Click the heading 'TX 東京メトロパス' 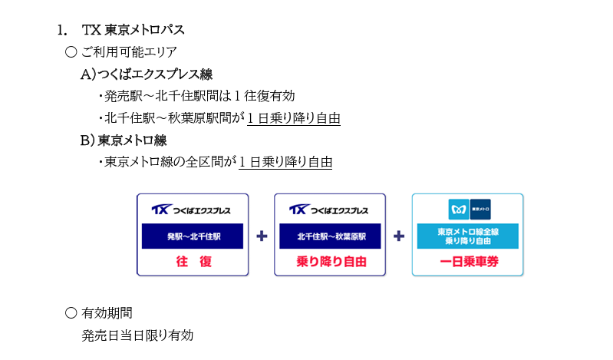coord(133,30)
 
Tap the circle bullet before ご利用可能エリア coord(71,51)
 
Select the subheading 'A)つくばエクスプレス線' coord(147,74)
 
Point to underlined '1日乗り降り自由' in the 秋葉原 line coord(294,118)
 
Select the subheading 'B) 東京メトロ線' coord(124,140)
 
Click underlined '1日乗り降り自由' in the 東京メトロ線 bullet coord(285,162)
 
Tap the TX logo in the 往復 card coord(161,210)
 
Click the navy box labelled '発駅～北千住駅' coord(193,236)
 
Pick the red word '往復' coord(194,262)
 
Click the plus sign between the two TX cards coord(262,236)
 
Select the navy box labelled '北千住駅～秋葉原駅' coord(330,236)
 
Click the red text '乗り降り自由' coord(331,262)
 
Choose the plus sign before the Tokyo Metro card coord(399,236)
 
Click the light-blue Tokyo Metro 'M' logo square coord(459,210)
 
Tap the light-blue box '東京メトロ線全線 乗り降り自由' coord(468,236)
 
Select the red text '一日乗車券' coord(469,262)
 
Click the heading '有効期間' coord(107,313)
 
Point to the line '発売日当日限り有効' coord(137,335)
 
